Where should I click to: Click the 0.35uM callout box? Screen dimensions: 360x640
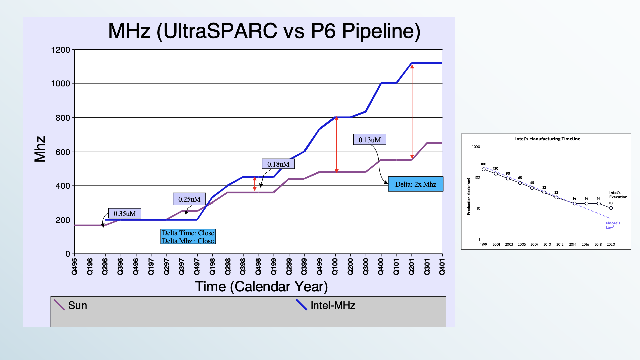125,213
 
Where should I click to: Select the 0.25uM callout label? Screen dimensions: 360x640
189,199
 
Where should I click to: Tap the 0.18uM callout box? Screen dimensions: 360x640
278,164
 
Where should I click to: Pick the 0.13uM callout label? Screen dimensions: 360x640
370,140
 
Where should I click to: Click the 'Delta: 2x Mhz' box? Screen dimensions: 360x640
416,184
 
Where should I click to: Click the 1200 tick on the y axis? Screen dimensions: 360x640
61,50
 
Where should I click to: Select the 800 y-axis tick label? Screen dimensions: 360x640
63,118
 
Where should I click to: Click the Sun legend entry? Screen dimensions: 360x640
71,305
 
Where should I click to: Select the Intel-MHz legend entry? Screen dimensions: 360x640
326,305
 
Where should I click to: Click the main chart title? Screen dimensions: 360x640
264,31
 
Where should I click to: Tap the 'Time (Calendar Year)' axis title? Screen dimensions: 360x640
261,287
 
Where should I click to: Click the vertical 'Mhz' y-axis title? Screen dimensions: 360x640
40,149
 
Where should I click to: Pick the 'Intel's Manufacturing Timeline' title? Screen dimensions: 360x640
547,139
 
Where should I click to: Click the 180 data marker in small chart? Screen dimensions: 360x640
484,169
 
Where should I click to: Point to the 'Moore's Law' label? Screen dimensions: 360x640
613,225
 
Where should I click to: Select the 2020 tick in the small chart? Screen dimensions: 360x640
611,244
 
